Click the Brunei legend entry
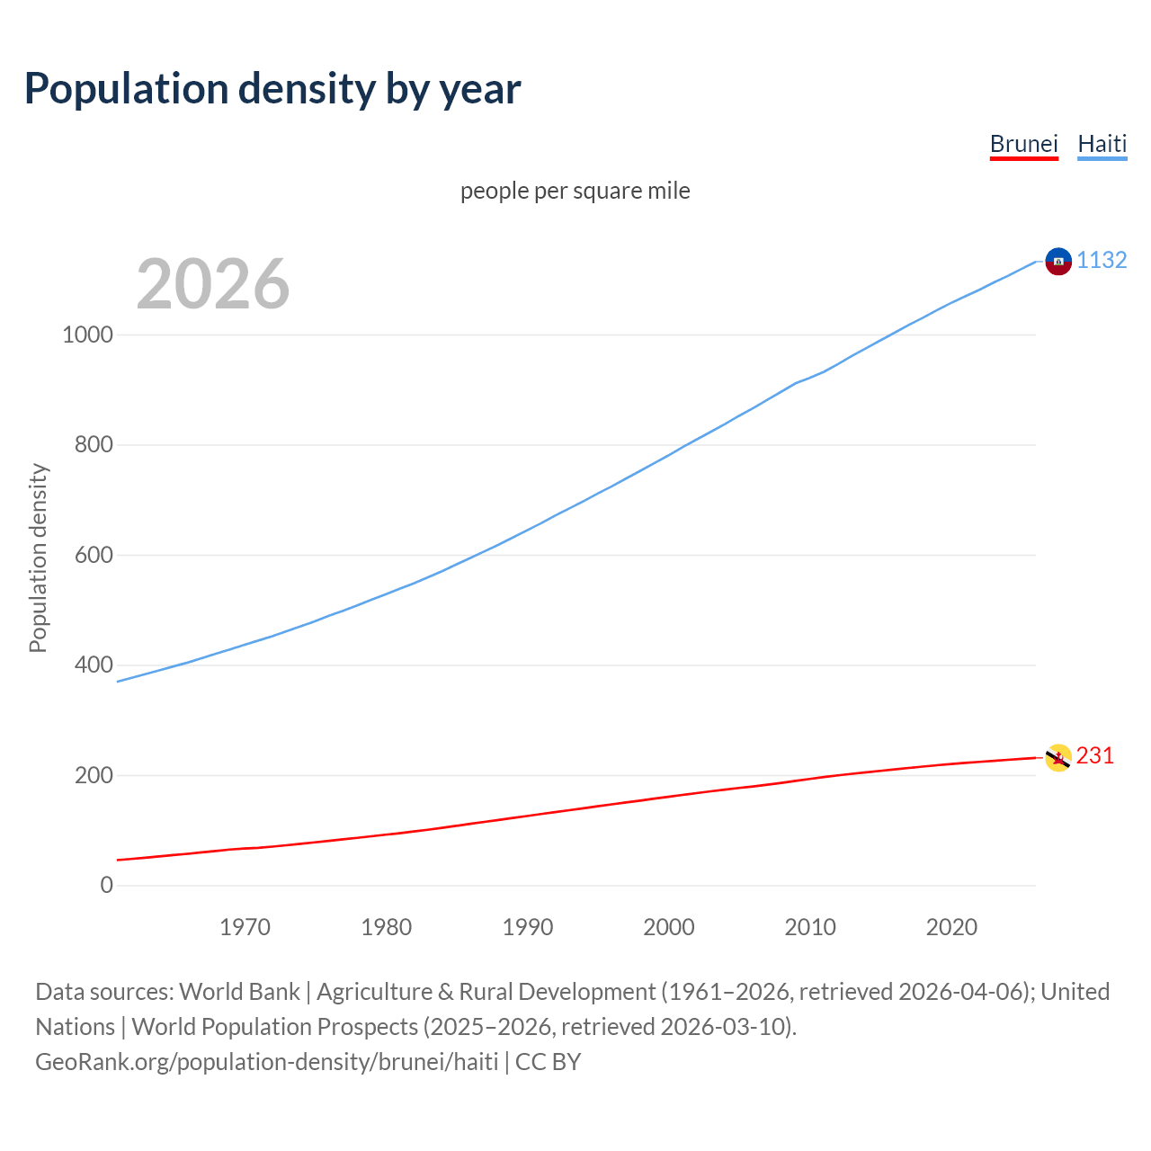(1023, 144)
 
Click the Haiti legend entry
(1102, 144)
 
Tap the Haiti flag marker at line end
(1058, 261)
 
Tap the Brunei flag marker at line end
(1058, 757)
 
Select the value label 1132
(1102, 260)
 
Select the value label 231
(1094, 755)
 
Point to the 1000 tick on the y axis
(88, 335)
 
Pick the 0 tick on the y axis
(107, 885)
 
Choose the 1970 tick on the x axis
(245, 926)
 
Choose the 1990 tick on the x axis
(528, 926)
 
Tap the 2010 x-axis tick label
(810, 926)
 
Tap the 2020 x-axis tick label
(951, 926)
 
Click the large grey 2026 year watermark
(213, 284)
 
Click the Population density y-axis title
(38, 558)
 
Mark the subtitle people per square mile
(575, 191)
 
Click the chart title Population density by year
(272, 88)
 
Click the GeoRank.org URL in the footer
(267, 1061)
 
